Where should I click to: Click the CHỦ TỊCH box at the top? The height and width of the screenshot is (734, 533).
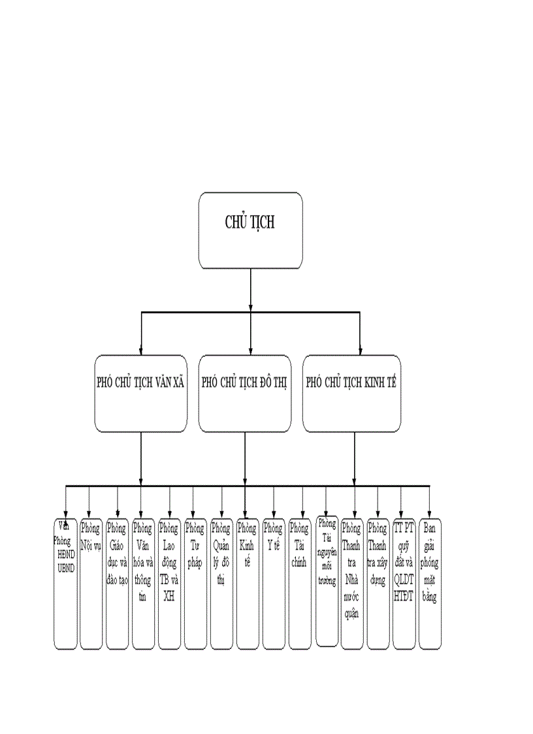(x=251, y=230)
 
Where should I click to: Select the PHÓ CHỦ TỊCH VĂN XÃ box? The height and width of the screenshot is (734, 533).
(x=140, y=393)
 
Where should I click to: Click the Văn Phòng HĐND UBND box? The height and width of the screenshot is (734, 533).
(x=65, y=583)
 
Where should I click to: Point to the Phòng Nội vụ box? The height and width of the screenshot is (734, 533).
(x=91, y=583)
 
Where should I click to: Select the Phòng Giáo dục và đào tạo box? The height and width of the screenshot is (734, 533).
(x=117, y=583)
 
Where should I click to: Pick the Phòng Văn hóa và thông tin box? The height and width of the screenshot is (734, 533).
(x=143, y=583)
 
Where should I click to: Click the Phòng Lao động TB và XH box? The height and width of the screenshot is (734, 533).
(x=169, y=583)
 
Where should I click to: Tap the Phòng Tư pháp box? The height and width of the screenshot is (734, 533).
(x=195, y=583)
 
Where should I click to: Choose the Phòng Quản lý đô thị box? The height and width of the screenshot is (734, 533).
(x=221, y=583)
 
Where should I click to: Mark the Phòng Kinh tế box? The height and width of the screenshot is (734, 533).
(x=248, y=583)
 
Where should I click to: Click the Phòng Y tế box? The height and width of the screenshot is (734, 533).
(x=274, y=583)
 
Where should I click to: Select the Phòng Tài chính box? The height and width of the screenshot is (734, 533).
(x=300, y=583)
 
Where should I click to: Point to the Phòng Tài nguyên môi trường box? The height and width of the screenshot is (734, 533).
(x=327, y=580)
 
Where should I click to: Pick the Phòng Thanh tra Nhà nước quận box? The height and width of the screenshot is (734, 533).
(x=352, y=583)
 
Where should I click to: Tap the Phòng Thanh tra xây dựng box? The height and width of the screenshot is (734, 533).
(x=378, y=583)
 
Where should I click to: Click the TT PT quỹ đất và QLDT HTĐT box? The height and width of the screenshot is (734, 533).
(x=404, y=583)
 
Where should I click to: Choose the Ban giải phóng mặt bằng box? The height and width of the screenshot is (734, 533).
(x=430, y=583)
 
